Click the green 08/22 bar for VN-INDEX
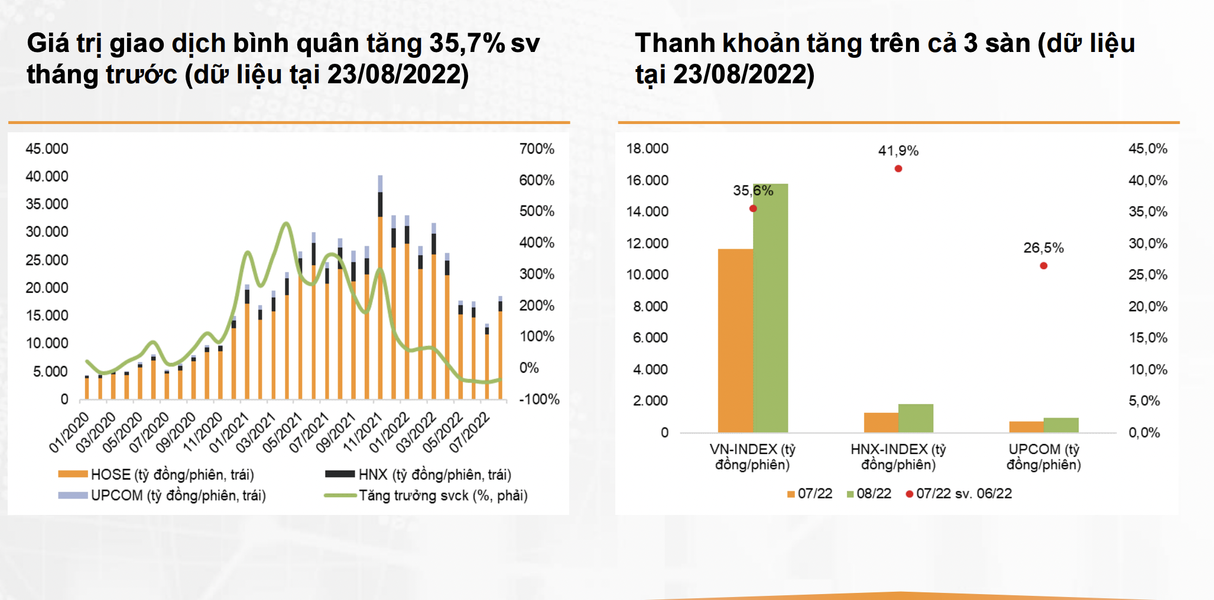point(770,307)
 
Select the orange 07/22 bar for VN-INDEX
point(735,340)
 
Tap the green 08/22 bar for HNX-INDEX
point(916,418)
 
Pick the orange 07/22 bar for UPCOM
point(1026,426)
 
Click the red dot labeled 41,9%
point(898,169)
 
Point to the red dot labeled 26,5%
point(1044,266)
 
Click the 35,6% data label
point(753,191)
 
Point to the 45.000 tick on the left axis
point(47,149)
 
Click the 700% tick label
point(537,149)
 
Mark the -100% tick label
point(539,399)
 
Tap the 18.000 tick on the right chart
point(647,149)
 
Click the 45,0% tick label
point(1148,149)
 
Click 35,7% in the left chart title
point(467,44)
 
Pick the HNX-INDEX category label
point(898,457)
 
